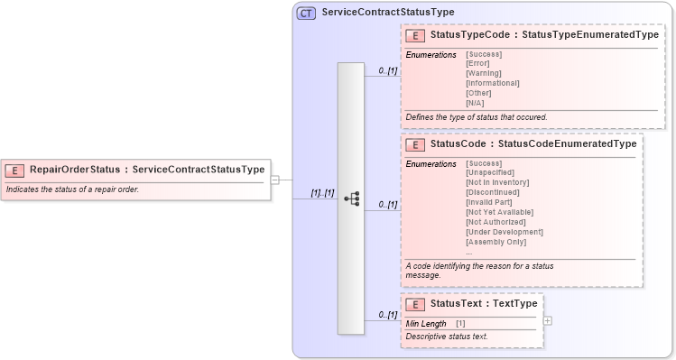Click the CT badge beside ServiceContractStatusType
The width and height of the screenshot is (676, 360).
(306, 14)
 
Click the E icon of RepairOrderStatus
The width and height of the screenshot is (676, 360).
(15, 170)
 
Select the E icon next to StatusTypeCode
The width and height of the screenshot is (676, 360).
(416, 35)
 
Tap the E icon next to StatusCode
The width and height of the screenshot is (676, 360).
(416, 144)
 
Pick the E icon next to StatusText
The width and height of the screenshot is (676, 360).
(416, 304)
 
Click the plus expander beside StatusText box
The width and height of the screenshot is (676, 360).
(548, 320)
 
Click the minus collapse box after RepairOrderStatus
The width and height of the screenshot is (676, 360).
(275, 180)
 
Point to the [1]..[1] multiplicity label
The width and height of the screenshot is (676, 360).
(322, 193)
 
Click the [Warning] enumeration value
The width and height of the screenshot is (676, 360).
(484, 73)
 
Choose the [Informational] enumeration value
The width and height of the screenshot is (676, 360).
(492, 83)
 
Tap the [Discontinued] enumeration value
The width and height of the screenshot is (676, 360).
(493, 192)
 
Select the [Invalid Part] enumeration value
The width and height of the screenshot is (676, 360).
(489, 202)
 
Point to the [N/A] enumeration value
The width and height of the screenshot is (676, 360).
(476, 103)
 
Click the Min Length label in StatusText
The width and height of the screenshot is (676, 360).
(426, 323)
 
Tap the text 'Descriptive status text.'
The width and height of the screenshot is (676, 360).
(447, 337)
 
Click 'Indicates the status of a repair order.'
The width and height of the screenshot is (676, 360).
(72, 189)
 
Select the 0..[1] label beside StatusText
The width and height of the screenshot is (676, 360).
(387, 315)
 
